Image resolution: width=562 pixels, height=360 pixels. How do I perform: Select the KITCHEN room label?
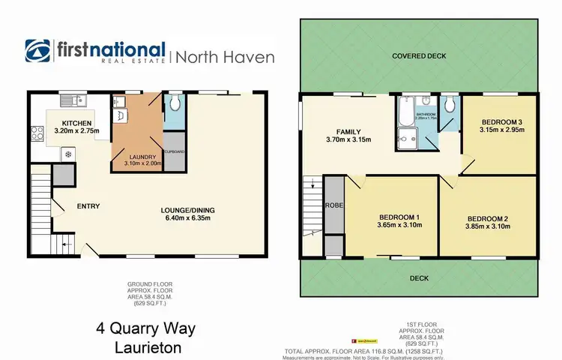coord(76,122)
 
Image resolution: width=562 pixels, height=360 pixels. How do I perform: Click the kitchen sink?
coord(74,99)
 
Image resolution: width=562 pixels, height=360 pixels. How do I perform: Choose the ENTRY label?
coord(88,206)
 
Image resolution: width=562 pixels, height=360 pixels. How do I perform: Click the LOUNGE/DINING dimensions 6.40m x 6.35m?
coord(194,218)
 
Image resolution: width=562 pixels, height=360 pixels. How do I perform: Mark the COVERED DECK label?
coord(419,56)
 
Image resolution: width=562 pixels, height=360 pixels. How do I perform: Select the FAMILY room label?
coord(348,130)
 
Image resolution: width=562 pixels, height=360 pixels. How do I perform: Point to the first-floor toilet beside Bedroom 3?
coord(448,106)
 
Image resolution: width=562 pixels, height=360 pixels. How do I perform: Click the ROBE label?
coord(333,204)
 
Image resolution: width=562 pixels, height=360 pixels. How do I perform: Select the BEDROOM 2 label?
coord(486,218)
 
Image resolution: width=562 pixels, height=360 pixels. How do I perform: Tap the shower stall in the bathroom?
coord(408,136)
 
